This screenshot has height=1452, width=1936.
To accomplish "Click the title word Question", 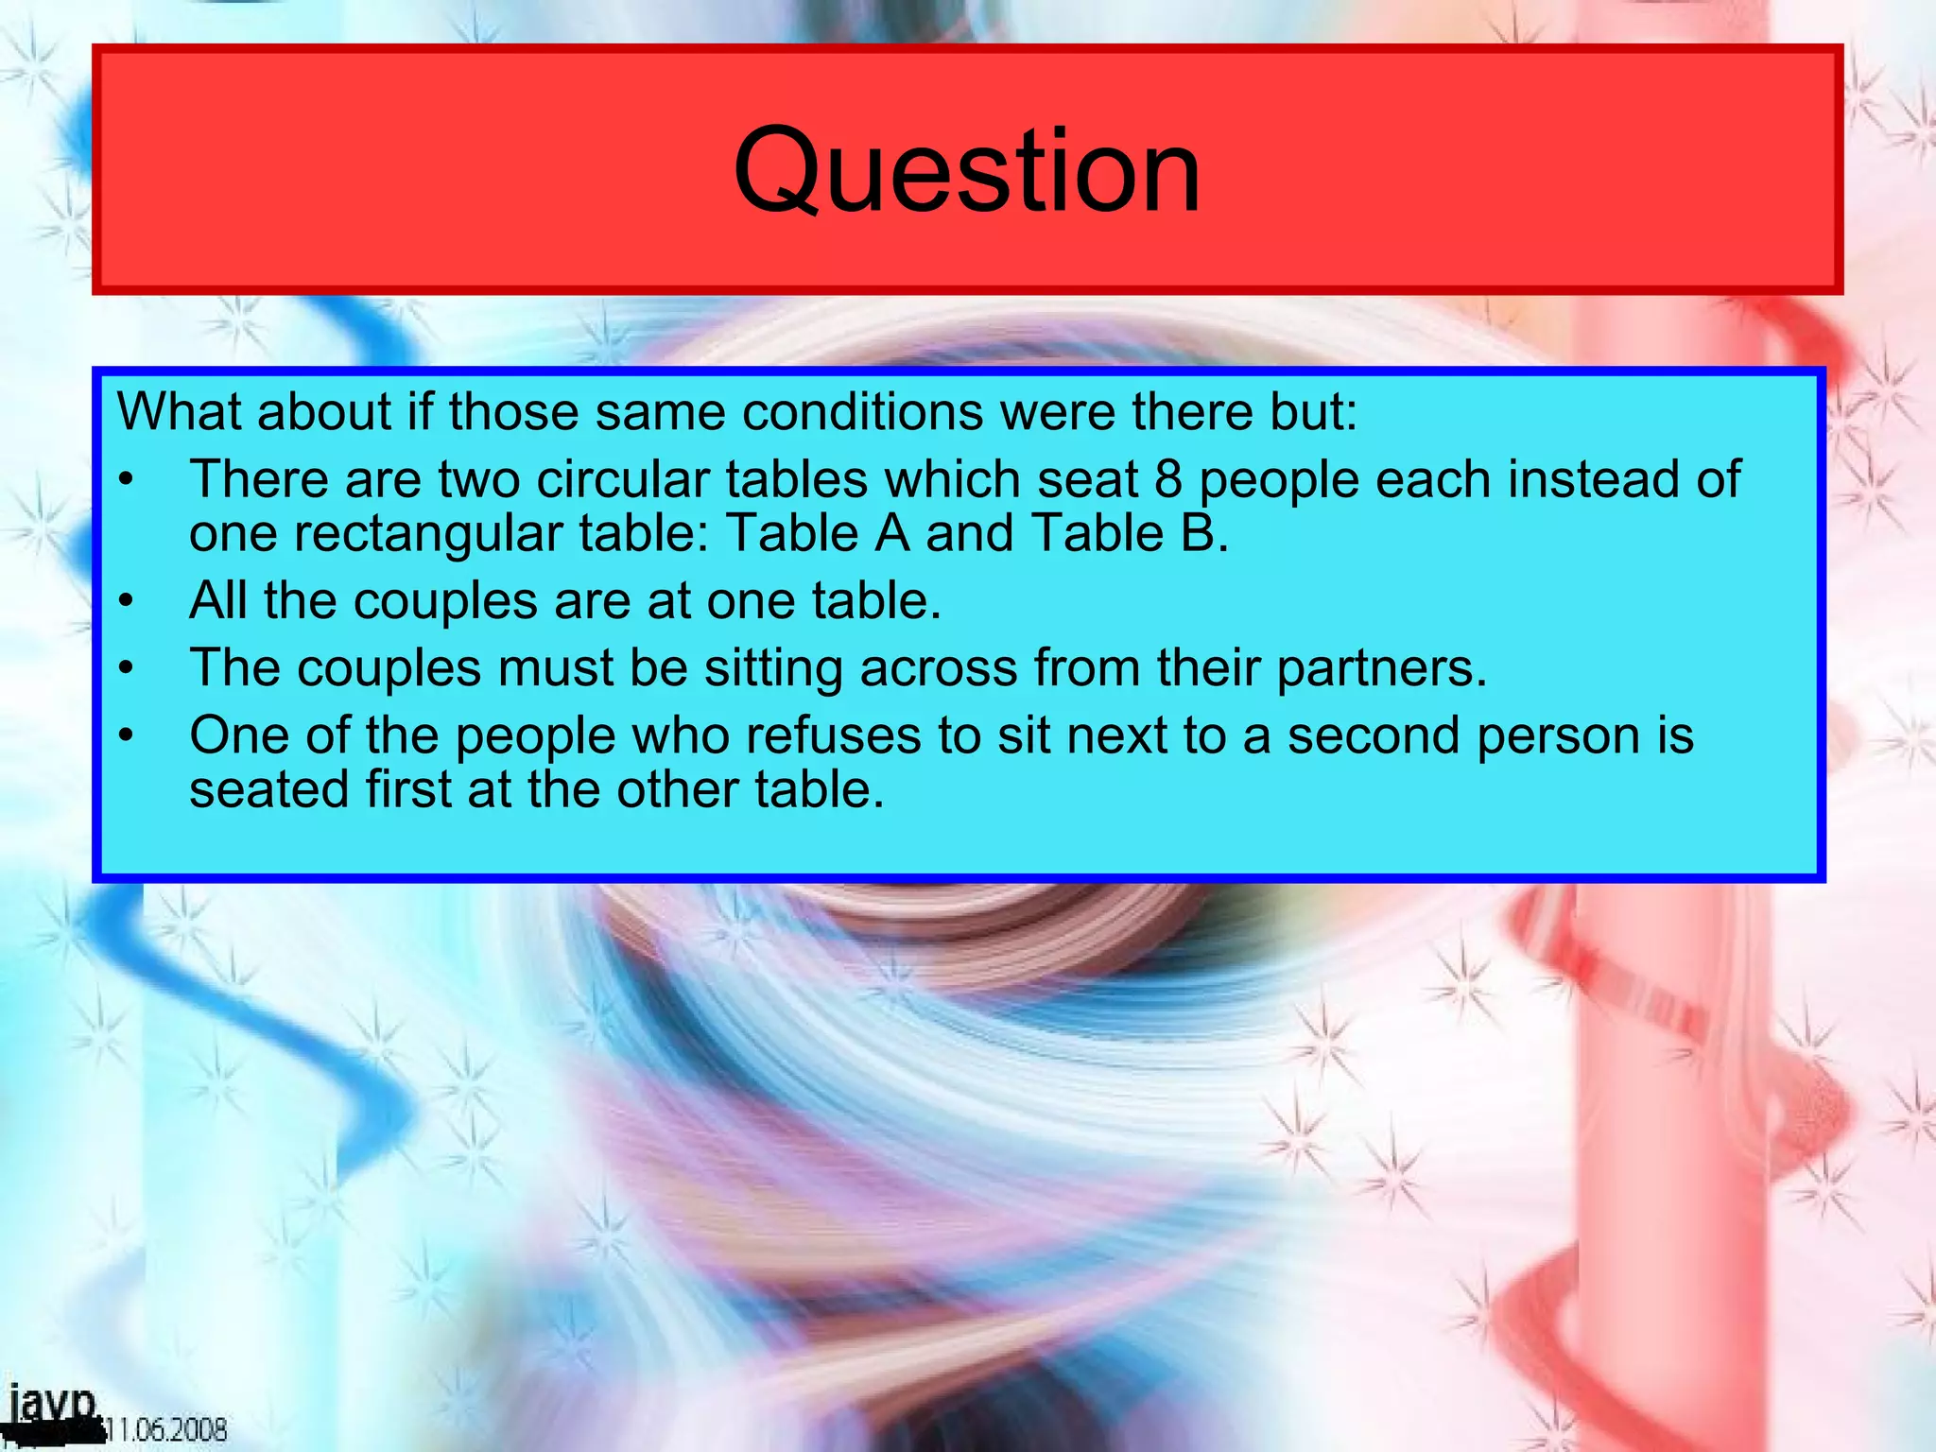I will click(966, 172).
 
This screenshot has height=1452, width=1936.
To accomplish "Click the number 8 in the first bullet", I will click(1168, 479).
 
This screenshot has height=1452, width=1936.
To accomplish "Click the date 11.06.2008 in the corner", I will click(166, 1427).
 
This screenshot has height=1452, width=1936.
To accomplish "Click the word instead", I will click(1594, 479).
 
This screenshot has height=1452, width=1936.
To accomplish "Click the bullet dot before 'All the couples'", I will click(127, 602).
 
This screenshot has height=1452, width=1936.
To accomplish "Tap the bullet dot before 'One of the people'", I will click(127, 736).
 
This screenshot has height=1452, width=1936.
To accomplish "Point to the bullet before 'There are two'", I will click(127, 480).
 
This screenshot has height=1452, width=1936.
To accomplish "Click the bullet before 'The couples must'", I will click(127, 669).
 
